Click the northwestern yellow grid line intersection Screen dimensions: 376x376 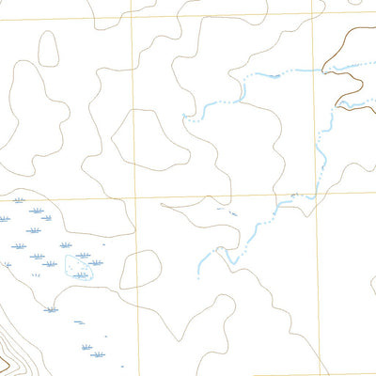pos(131,18)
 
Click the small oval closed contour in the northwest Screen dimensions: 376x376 pos(48,47)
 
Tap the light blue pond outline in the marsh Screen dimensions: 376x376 pos(80,269)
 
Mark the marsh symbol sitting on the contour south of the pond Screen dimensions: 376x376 pos(52,309)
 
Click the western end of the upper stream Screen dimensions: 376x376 pos(185,119)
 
